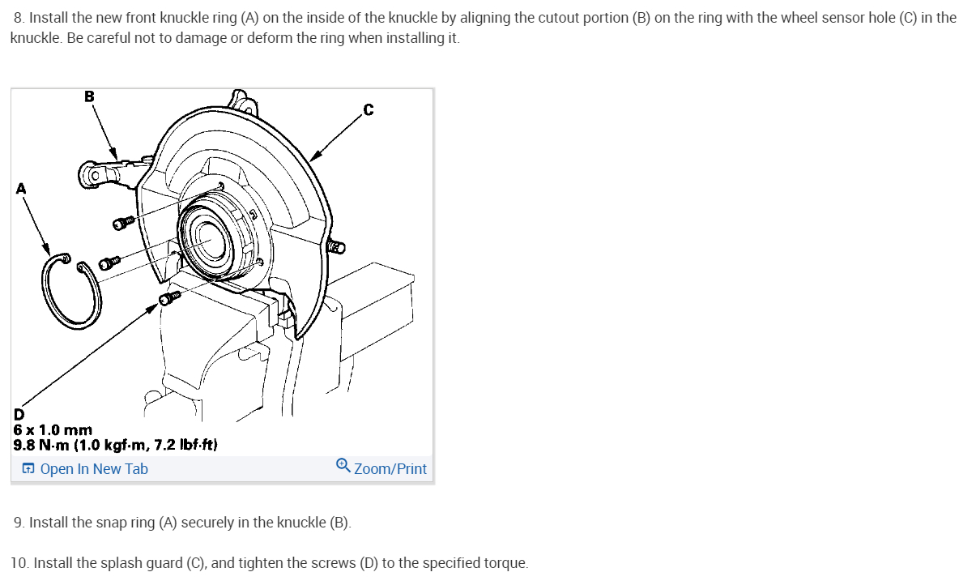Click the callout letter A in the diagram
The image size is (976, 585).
pyautogui.click(x=21, y=188)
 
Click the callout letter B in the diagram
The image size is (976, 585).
pyautogui.click(x=89, y=96)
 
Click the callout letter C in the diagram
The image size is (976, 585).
pyautogui.click(x=369, y=110)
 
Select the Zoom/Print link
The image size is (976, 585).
pyautogui.click(x=390, y=468)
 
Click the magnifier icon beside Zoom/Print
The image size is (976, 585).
pyautogui.click(x=343, y=466)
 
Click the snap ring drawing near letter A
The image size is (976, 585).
pyautogui.click(x=72, y=292)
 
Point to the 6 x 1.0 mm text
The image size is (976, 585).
pyautogui.click(x=53, y=430)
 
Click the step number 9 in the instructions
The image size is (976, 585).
pyautogui.click(x=19, y=523)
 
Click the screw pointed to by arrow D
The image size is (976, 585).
pyautogui.click(x=169, y=298)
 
